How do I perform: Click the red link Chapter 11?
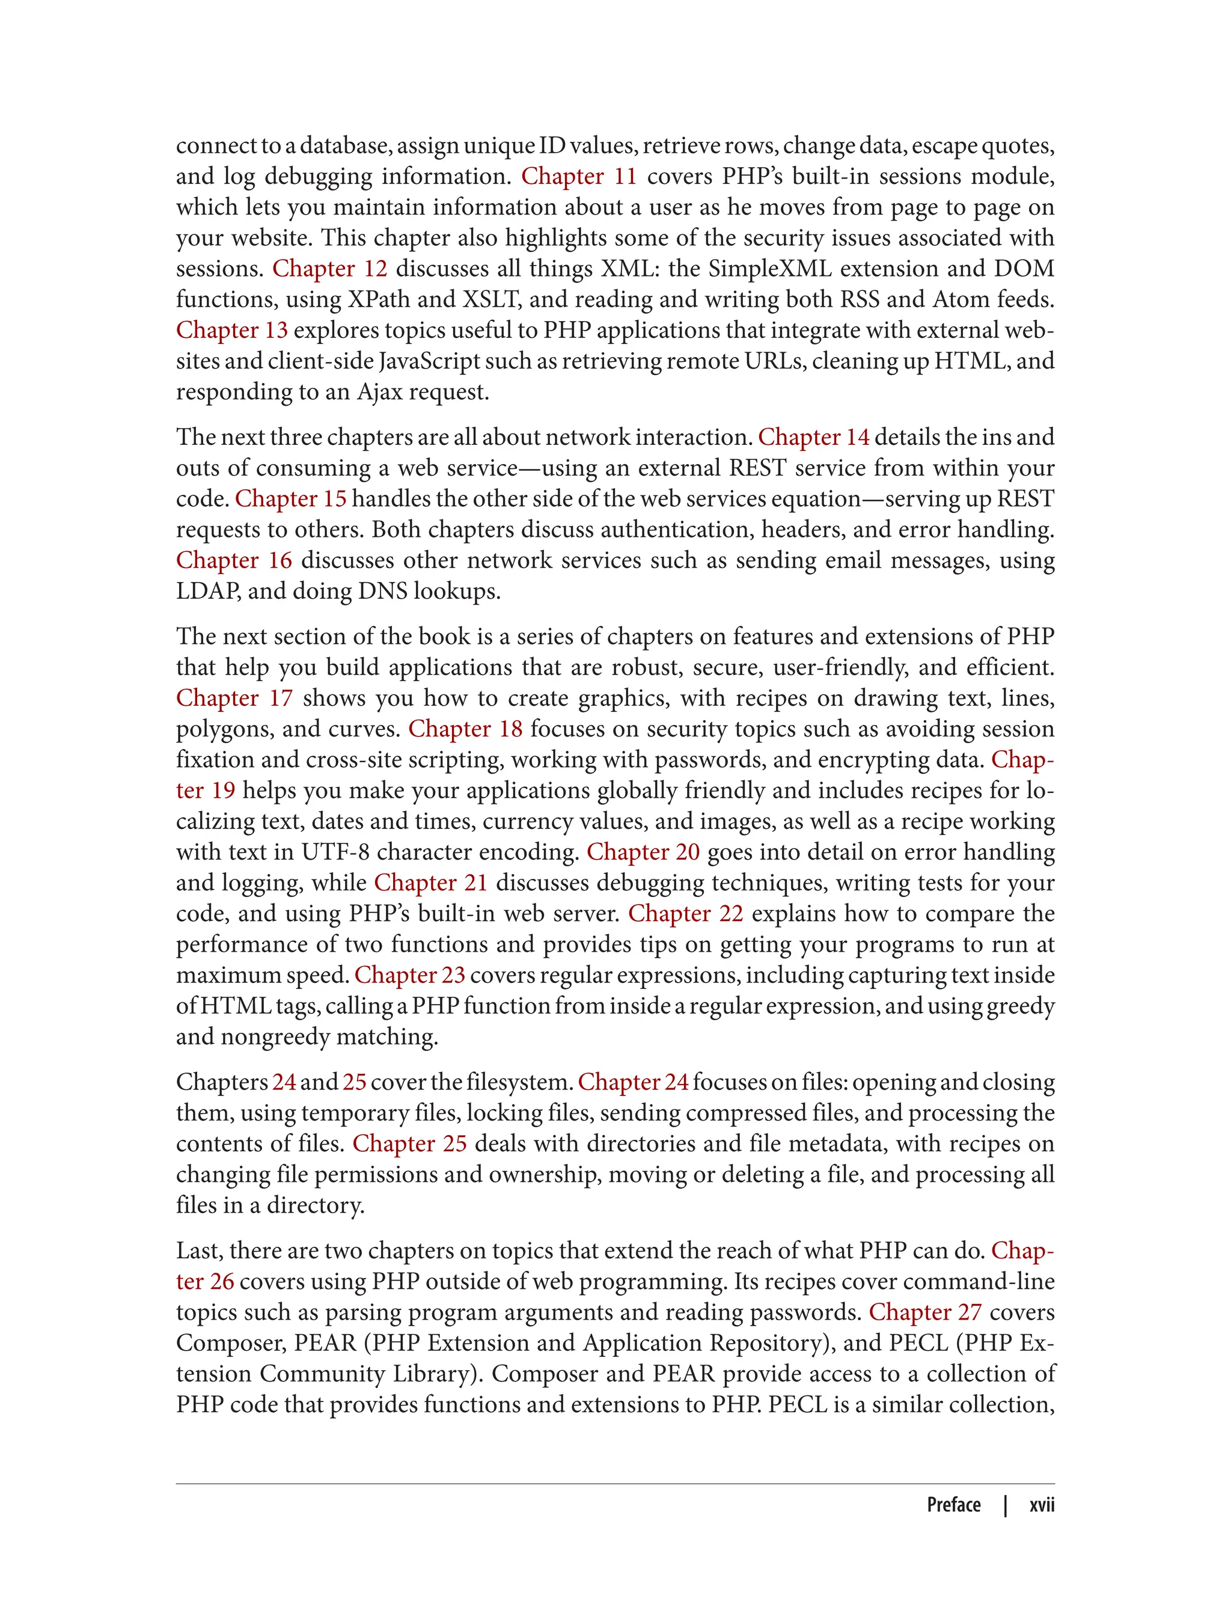tap(579, 177)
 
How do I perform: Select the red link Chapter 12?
tap(330, 269)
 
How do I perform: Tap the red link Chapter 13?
tap(231, 331)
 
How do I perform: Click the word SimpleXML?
tap(769, 269)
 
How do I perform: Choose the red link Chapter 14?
tap(813, 438)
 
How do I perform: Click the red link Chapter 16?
tap(234, 561)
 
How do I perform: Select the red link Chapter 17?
tap(234, 699)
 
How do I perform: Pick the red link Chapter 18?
tap(465, 729)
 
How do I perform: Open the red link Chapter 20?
tap(643, 852)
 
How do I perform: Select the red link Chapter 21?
tap(431, 883)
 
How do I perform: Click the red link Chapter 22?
tap(685, 914)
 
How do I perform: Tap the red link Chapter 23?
tap(409, 976)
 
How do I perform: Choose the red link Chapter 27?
tap(924, 1312)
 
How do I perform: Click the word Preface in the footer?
tap(953, 1505)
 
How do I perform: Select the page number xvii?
tap(1041, 1505)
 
